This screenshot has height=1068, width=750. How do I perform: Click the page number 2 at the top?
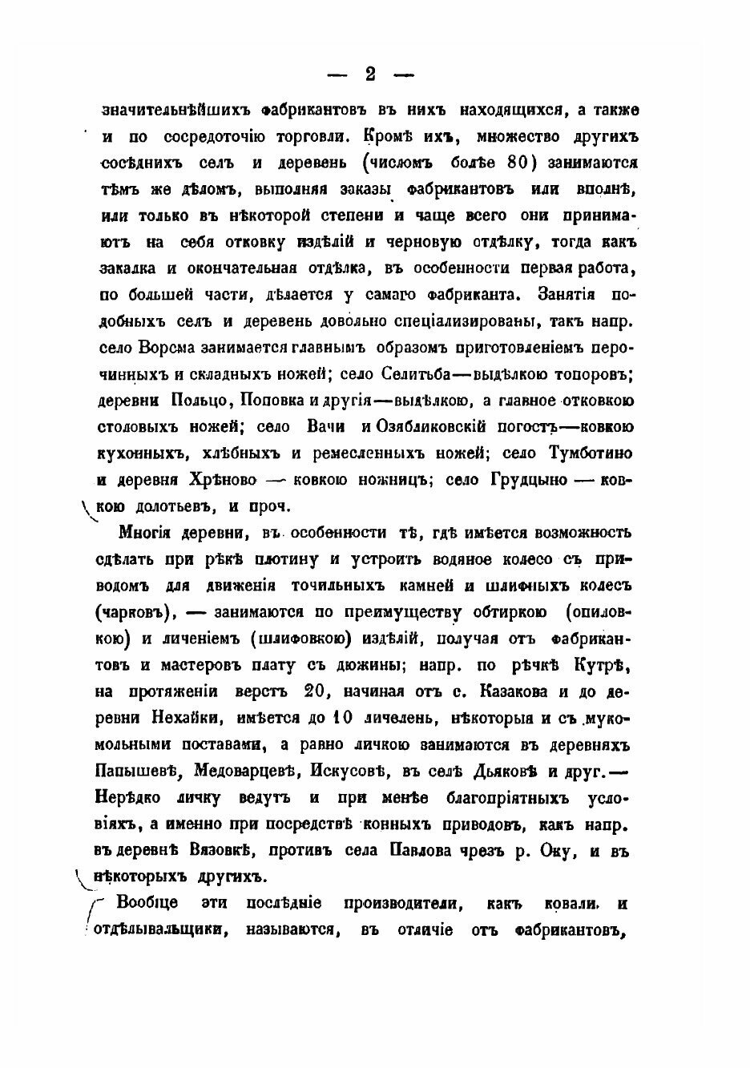(369, 74)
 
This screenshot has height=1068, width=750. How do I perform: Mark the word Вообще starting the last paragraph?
(150, 904)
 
